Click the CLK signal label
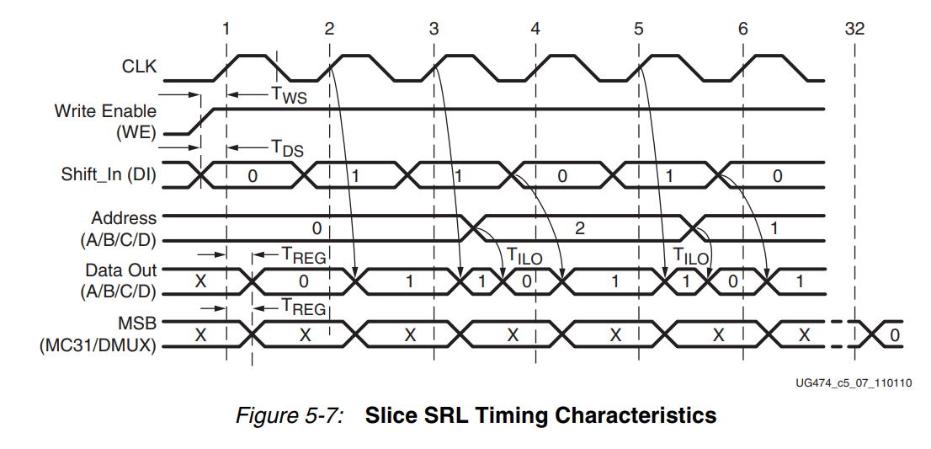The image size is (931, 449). [x=140, y=67]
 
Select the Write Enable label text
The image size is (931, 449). [x=105, y=111]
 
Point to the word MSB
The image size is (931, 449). [x=139, y=323]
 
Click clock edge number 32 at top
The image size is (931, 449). [x=854, y=28]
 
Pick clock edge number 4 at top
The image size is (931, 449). [x=535, y=28]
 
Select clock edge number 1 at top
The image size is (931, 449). [x=226, y=28]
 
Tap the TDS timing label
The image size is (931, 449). [x=286, y=149]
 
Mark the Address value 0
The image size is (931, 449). [x=317, y=227]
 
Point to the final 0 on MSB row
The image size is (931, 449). [x=895, y=335]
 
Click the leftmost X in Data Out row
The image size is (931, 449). [x=200, y=281]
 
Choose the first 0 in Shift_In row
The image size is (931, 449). [x=253, y=175]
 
